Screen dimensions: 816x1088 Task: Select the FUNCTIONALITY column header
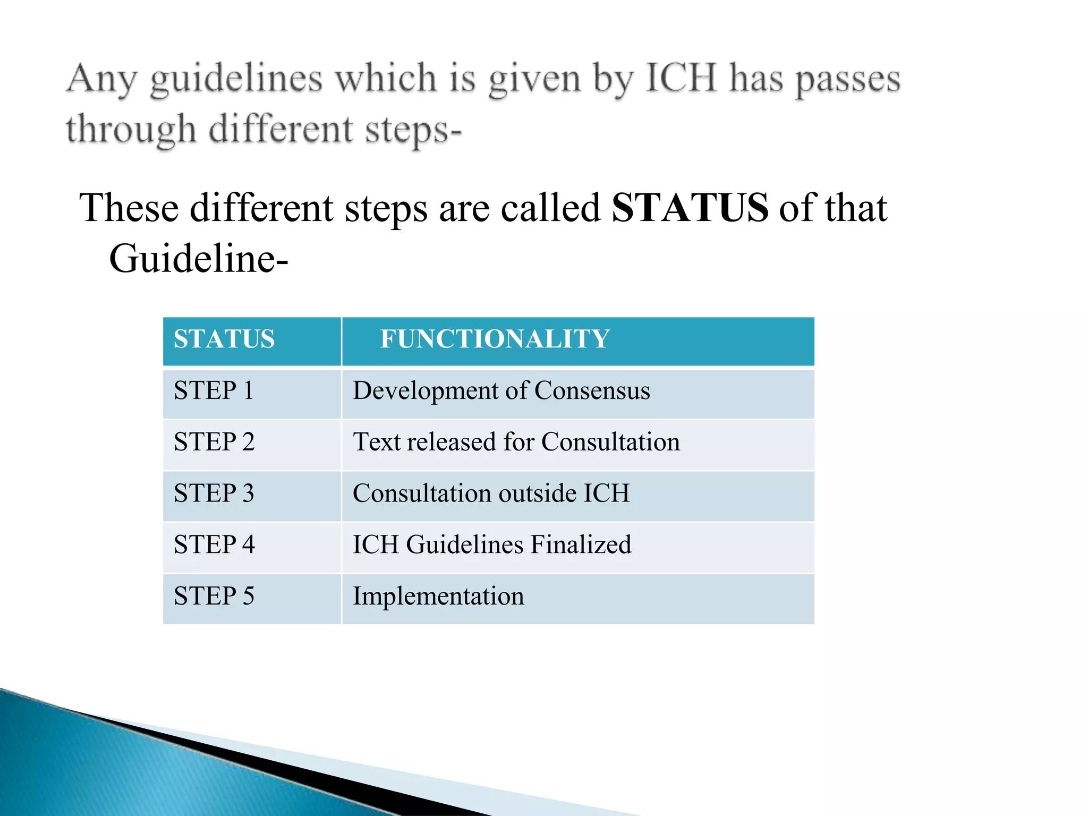tap(495, 339)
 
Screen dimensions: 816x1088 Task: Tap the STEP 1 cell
tap(214, 391)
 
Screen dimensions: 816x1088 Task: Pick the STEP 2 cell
tap(214, 443)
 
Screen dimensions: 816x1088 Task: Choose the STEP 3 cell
tap(214, 494)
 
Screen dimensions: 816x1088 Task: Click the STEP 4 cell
tap(214, 545)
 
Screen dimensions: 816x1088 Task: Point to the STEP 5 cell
tap(214, 596)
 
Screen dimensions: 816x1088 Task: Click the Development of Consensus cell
tap(501, 391)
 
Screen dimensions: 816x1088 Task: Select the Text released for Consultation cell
tap(516, 443)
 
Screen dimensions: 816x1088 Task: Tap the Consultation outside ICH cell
tap(491, 494)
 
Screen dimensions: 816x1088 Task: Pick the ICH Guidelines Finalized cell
tap(492, 545)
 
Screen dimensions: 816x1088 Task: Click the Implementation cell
tap(438, 596)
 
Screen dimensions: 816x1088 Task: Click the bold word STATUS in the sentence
tap(690, 208)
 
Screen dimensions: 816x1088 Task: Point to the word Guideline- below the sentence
tap(198, 259)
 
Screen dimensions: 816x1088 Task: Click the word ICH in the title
tap(681, 79)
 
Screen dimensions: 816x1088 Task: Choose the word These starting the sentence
tap(129, 208)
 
